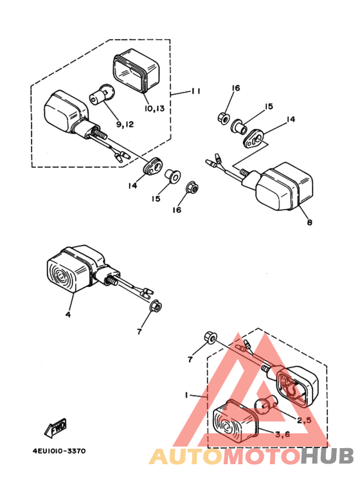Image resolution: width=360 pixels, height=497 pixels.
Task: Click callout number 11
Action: coord(195,91)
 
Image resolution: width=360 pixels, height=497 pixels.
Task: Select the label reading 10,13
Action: coord(155,109)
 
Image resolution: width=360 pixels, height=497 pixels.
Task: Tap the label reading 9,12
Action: coord(125,124)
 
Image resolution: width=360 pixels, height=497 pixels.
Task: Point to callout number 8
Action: coord(310,222)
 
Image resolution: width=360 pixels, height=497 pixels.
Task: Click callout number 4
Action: coord(67,314)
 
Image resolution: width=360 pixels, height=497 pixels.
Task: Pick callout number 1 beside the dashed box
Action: coord(187,395)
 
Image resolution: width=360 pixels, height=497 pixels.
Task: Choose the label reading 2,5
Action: coord(304,420)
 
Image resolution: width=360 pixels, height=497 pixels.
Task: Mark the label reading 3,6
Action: coord(283,434)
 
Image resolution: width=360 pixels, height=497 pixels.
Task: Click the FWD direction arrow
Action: coord(55,428)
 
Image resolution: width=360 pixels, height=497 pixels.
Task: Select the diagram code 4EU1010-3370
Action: coord(59,451)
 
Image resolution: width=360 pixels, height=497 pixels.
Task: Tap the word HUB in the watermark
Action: coord(327,456)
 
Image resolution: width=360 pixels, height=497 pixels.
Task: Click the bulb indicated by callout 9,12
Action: coord(102,95)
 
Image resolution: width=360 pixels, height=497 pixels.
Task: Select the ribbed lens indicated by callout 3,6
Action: coord(235,420)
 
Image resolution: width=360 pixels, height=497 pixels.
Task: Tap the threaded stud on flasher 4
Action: coord(113,281)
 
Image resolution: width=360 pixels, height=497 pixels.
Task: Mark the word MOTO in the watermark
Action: coord(262,456)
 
